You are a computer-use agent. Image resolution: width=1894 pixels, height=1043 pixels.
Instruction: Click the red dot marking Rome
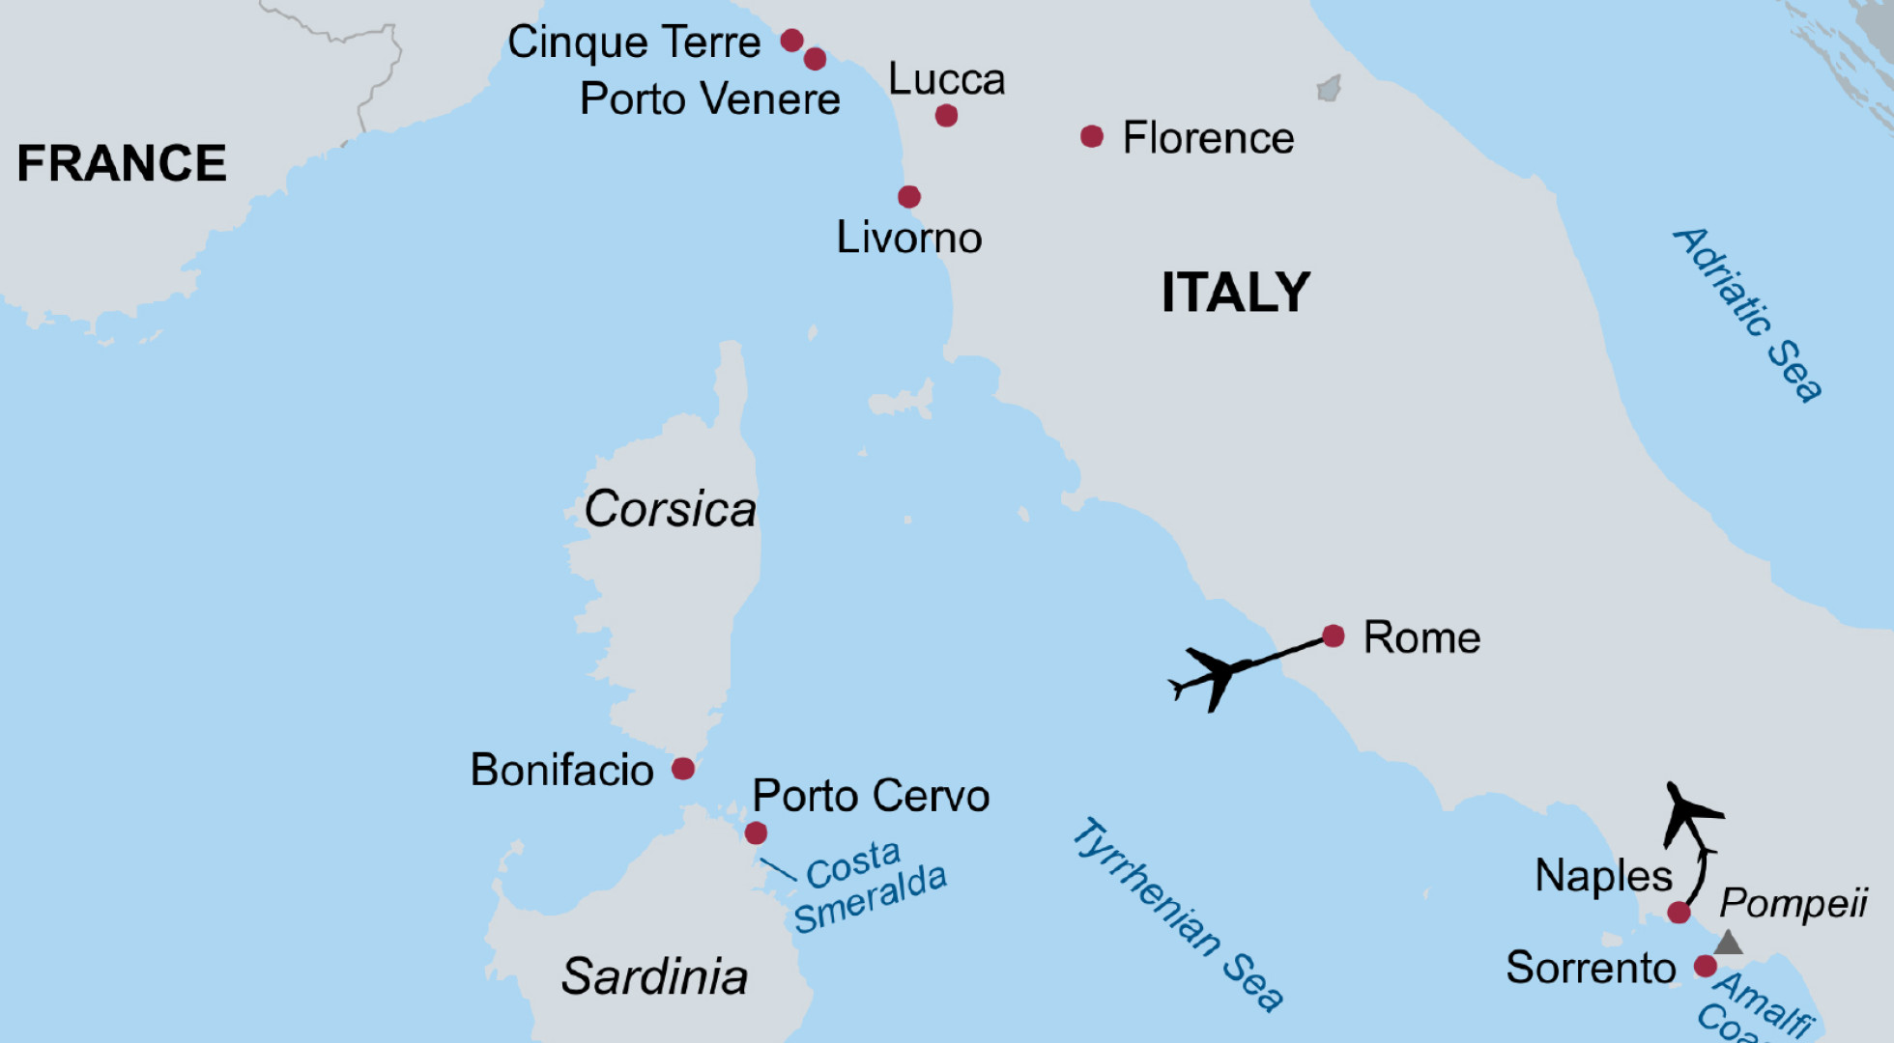(x=1333, y=635)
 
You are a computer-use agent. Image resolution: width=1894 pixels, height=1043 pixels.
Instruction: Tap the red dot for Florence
(x=1092, y=137)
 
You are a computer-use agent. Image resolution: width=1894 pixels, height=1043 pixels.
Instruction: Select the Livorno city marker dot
(x=909, y=197)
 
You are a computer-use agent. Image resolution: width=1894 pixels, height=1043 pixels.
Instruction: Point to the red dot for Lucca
(x=946, y=116)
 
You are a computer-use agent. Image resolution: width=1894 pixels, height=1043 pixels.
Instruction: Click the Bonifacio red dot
(x=683, y=769)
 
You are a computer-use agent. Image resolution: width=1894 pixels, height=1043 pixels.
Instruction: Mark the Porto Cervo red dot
(x=756, y=832)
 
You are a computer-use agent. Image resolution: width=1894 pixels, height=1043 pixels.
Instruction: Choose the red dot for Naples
(x=1679, y=912)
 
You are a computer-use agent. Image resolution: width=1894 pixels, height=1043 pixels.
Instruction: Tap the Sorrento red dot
(x=1706, y=966)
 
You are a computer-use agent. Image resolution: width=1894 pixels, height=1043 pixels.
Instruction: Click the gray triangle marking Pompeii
(x=1728, y=943)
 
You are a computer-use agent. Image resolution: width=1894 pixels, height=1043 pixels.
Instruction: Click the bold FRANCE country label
(x=122, y=163)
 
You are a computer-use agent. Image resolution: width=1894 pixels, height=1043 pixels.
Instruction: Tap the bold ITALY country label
(x=1235, y=292)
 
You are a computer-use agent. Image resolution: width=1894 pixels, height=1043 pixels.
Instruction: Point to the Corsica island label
(x=670, y=509)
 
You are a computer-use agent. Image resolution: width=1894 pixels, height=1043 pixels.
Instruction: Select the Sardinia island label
(x=654, y=976)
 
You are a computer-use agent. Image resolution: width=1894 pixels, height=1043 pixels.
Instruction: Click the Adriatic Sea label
(x=1748, y=314)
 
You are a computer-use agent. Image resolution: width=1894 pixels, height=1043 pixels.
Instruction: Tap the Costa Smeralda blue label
(x=869, y=887)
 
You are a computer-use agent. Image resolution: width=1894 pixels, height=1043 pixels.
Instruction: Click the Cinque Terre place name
(x=634, y=42)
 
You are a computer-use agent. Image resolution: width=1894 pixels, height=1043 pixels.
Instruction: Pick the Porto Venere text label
(x=709, y=99)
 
